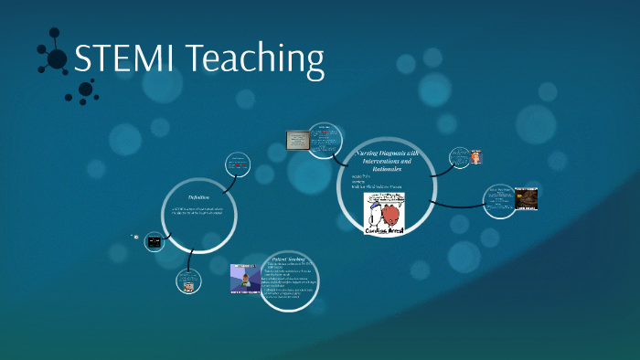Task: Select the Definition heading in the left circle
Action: [x=198, y=197]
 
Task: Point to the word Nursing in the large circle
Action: [x=369, y=153]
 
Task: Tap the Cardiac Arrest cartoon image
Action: [x=385, y=214]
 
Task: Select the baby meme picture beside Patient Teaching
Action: [x=246, y=279]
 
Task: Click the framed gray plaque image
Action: [x=298, y=141]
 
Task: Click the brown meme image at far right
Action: [x=527, y=199]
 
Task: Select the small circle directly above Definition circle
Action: [x=240, y=165]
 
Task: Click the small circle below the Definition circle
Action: [x=188, y=282]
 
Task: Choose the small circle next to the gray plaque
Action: [x=325, y=140]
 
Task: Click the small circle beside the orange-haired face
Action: [x=460, y=157]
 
